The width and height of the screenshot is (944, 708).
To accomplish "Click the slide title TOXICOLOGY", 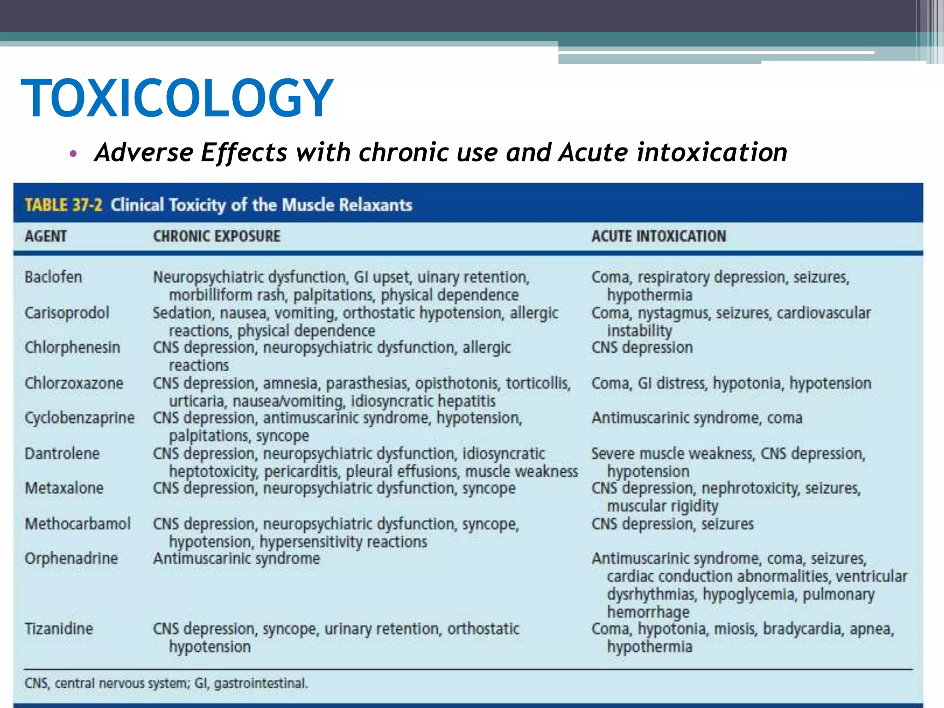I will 177,98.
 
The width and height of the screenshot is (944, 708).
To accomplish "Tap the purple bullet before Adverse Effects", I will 73,153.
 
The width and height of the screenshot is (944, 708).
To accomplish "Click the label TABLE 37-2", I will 64,205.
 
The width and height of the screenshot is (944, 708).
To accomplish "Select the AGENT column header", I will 46,236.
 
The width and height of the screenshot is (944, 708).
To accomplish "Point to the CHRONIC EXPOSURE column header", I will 217,236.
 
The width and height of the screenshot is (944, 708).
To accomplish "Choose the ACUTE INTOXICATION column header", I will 659,236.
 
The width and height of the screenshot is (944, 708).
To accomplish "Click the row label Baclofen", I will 53,277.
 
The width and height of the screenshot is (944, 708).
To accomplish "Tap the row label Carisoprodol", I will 67,313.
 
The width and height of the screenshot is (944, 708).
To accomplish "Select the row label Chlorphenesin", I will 72,347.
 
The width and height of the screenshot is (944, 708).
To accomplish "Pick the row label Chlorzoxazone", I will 74,383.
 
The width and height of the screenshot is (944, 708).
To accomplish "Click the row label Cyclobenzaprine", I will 79,418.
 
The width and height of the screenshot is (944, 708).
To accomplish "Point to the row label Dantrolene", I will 62,454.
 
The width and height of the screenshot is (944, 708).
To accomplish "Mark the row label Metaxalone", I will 64,488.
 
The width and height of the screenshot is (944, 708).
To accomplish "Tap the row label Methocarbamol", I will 77,524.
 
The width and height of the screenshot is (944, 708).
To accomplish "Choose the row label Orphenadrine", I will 71,558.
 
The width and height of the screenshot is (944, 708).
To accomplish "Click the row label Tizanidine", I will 59,629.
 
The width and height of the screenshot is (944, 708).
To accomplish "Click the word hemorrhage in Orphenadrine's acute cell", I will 648,612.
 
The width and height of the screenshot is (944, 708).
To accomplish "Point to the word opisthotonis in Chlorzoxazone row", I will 457,383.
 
